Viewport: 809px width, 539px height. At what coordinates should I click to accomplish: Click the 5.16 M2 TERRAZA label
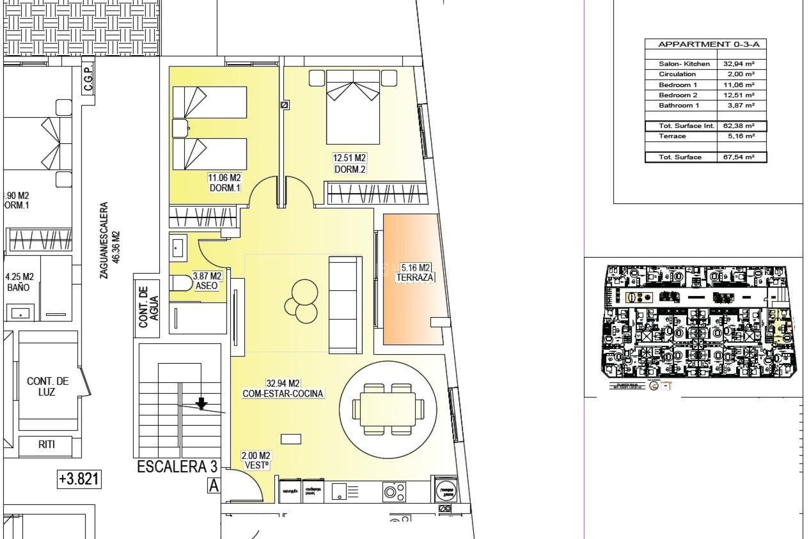tap(415, 272)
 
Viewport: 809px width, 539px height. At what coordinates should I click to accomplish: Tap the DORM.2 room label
tap(349, 169)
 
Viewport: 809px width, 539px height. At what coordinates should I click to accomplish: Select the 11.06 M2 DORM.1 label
tap(224, 183)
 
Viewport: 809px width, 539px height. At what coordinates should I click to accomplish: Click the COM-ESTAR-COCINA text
tap(283, 394)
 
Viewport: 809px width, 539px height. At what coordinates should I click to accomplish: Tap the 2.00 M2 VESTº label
tap(256, 461)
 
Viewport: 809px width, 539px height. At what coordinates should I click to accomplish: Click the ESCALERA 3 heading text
tap(177, 467)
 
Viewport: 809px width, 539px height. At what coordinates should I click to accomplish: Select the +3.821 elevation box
tap(79, 479)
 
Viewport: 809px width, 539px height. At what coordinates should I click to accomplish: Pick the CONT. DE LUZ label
tap(47, 386)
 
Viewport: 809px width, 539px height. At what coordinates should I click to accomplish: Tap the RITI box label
tap(46, 444)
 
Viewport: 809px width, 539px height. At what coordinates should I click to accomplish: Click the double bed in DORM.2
tap(353, 107)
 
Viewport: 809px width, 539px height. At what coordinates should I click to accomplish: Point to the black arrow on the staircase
tap(202, 404)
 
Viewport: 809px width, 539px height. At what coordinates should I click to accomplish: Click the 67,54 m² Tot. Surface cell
tap(741, 157)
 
